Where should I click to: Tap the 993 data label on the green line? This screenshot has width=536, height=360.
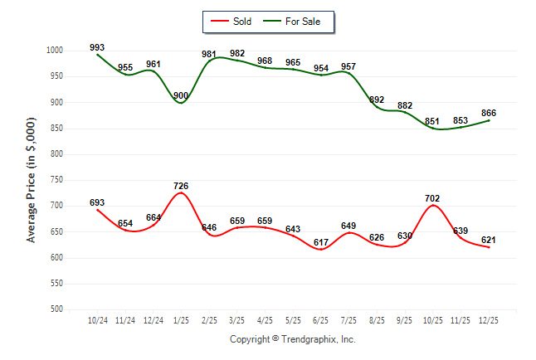[x=97, y=47]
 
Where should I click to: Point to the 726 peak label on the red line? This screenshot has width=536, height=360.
[x=182, y=184]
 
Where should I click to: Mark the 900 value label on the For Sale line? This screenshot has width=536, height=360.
[x=181, y=95]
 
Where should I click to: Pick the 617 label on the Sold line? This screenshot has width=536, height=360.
[x=320, y=241]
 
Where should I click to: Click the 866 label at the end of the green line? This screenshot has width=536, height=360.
[x=488, y=113]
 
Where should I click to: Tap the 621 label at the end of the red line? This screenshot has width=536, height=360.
[x=488, y=240]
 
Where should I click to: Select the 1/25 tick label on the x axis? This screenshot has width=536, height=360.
[x=181, y=319]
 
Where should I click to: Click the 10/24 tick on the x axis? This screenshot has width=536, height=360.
[x=97, y=319]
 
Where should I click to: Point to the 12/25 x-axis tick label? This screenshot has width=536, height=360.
[x=488, y=319]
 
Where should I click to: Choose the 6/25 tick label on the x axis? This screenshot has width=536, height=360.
[x=320, y=319]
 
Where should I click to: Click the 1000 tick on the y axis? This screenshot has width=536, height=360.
[x=55, y=51]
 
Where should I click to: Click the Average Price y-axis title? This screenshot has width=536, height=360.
[x=32, y=179]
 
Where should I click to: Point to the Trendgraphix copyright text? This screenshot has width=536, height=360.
[x=292, y=339]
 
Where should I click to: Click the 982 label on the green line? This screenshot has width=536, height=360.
[x=236, y=53]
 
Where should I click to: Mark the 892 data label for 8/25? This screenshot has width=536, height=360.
[x=376, y=100]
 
